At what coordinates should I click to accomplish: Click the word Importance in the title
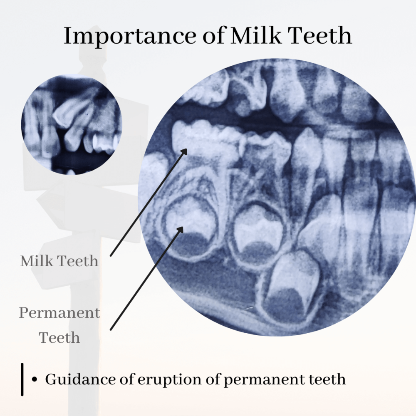130,36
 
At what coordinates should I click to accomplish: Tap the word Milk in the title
256,35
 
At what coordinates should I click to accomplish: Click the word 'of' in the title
214,35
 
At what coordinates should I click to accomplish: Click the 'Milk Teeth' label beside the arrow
59,261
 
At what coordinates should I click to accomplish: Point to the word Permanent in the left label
59,313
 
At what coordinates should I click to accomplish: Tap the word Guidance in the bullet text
81,380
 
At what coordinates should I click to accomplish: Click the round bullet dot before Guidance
34,379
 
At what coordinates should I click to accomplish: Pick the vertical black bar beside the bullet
22,379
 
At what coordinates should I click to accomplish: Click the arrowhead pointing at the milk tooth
184,152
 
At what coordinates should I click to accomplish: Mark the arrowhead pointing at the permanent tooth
181,230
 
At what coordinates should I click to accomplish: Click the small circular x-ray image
72,124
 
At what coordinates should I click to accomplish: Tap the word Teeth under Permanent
59,338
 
